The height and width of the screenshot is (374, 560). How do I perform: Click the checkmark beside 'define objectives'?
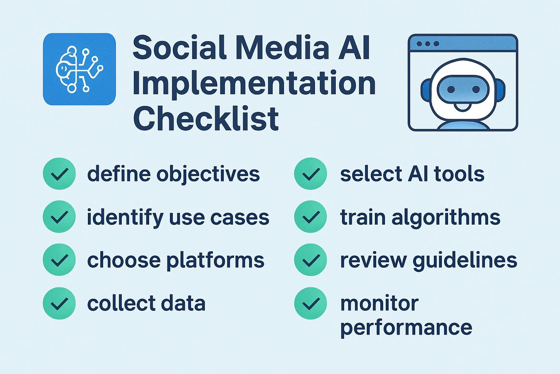[x=59, y=173]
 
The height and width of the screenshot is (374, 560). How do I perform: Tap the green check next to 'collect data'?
[x=59, y=303]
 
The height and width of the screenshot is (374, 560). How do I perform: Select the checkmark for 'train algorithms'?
[x=311, y=217]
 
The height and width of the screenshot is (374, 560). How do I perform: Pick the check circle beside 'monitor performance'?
[x=311, y=303]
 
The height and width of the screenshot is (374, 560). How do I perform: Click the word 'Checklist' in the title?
[x=206, y=118]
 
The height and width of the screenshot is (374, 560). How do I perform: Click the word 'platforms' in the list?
[x=215, y=261]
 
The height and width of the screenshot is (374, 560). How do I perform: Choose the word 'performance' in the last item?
[x=406, y=328]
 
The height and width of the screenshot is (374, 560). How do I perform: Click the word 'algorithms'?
[x=446, y=217]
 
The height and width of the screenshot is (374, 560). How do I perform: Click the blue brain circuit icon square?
[x=79, y=69]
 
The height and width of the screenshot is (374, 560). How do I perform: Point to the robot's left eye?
[x=451, y=89]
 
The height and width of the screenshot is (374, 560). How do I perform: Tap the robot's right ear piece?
[x=500, y=91]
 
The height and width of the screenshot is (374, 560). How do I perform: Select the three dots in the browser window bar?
[x=428, y=44]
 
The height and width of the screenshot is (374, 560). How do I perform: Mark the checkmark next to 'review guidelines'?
[x=311, y=260]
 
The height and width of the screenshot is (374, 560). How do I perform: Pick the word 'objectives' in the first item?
[x=208, y=175]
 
